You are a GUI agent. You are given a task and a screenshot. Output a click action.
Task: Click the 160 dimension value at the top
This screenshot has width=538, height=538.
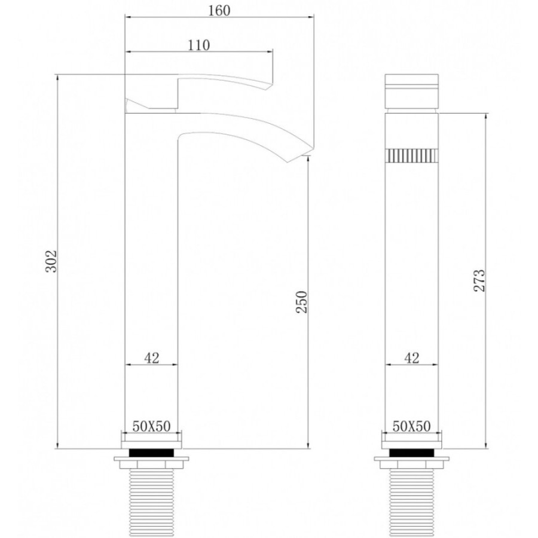(x=219, y=10)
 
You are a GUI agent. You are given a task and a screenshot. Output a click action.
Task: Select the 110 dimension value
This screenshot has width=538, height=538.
(x=198, y=45)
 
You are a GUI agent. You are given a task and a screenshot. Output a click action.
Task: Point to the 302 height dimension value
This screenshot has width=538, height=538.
(x=51, y=261)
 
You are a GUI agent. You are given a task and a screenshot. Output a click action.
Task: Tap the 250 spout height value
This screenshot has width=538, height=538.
(x=302, y=302)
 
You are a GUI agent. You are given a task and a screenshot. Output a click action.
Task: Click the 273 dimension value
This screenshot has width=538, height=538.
(x=479, y=281)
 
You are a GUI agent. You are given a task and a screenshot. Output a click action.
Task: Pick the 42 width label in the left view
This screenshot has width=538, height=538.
(x=152, y=358)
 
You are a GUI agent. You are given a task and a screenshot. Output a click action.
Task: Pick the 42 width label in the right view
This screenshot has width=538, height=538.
(x=412, y=358)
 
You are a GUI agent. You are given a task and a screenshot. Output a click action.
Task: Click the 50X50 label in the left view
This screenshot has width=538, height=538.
(x=151, y=426)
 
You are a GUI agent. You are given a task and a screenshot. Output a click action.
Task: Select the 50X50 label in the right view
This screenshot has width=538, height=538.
(x=411, y=426)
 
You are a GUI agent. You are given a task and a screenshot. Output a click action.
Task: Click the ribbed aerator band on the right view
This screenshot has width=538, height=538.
(x=412, y=155)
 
